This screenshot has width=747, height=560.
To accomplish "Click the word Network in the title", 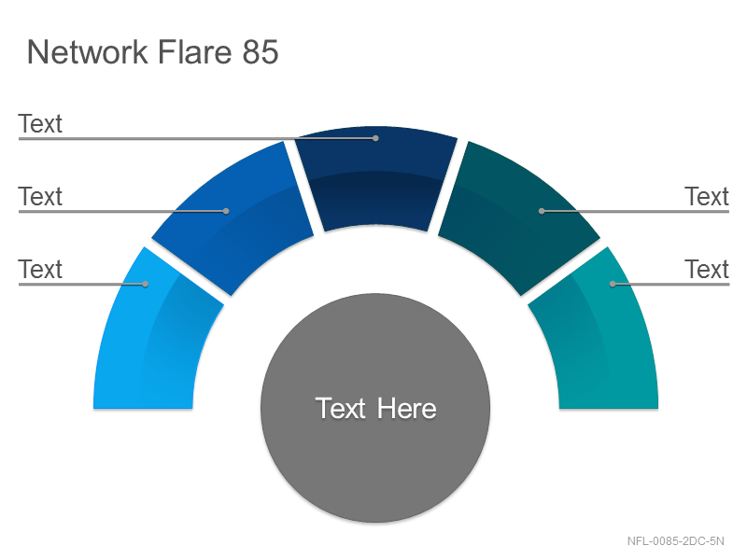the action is pyautogui.click(x=88, y=51).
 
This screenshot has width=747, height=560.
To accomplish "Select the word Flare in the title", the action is pyautogui.click(x=194, y=51).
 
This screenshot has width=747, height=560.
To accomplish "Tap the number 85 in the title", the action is pyautogui.click(x=261, y=51).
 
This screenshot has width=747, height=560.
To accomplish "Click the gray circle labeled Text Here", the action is pyautogui.click(x=375, y=408).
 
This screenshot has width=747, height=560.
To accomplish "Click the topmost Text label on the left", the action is pyautogui.click(x=40, y=124).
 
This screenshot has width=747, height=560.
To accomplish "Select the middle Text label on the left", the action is pyautogui.click(x=40, y=196).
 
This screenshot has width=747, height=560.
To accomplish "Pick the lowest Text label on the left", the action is pyautogui.click(x=40, y=269).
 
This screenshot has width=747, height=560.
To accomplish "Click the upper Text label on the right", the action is pyautogui.click(x=707, y=196).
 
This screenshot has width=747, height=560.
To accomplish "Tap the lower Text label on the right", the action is pyautogui.click(x=707, y=269).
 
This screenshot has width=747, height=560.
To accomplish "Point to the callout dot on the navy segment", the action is pyautogui.click(x=376, y=138).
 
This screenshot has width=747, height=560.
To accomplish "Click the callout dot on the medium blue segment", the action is pyautogui.click(x=226, y=211).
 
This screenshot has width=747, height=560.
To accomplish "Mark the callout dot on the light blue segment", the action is pyautogui.click(x=146, y=285).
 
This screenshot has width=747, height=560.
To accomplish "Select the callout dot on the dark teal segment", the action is pyautogui.click(x=542, y=211).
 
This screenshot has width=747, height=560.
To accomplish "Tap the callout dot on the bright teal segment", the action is pyautogui.click(x=613, y=285).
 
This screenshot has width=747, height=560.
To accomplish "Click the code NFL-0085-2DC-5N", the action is pyautogui.click(x=675, y=541).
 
